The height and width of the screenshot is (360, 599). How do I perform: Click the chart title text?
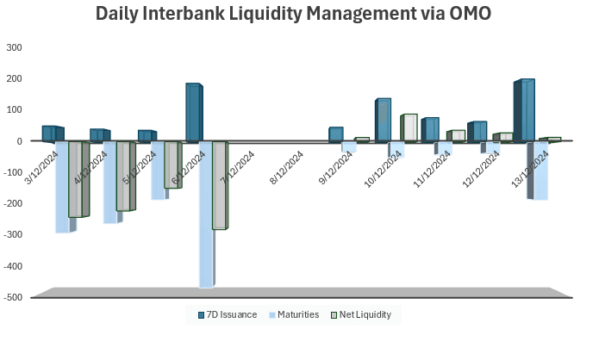[299, 15]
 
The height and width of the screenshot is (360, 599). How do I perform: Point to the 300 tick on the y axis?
[14, 47]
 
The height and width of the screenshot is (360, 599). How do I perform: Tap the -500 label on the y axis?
[12, 298]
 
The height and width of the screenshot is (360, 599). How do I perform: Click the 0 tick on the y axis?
[19, 141]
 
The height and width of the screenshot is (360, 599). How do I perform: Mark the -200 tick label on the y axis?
[12, 204]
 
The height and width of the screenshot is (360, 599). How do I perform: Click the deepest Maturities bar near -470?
[206, 215]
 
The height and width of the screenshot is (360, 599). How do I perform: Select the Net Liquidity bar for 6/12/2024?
[220, 185]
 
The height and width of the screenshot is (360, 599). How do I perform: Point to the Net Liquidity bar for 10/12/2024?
[409, 127]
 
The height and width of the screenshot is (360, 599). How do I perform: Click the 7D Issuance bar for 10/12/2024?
[384, 120]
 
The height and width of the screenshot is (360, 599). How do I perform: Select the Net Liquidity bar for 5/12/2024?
[172, 164]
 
